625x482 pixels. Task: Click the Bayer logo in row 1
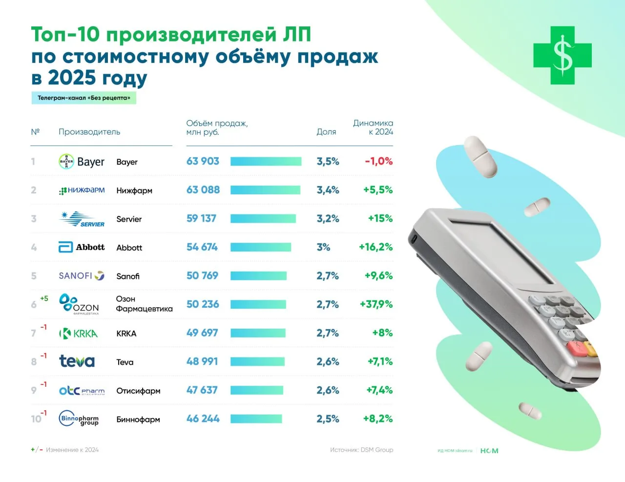[x=81, y=162]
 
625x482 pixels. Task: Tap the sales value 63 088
[x=203, y=190]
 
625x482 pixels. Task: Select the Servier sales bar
[x=263, y=219]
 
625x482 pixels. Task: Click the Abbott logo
[x=82, y=248]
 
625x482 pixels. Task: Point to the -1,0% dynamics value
[x=378, y=162]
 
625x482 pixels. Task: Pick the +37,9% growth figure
[x=376, y=305]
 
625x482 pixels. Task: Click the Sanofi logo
[x=82, y=276]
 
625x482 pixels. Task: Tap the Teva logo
[x=77, y=361]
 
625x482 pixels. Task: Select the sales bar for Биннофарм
[x=256, y=419]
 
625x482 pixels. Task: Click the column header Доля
[x=326, y=132]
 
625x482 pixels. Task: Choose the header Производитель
[x=89, y=132]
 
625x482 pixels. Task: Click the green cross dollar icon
[x=562, y=55]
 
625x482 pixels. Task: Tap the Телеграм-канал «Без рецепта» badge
[x=83, y=98]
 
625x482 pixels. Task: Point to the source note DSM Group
[x=361, y=450]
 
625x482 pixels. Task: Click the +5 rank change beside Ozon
[x=44, y=298]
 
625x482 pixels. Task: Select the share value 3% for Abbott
[x=323, y=248]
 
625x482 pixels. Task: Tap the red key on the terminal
[x=576, y=348]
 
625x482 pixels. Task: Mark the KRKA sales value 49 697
[x=202, y=333]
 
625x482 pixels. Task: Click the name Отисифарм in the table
[x=138, y=391]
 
